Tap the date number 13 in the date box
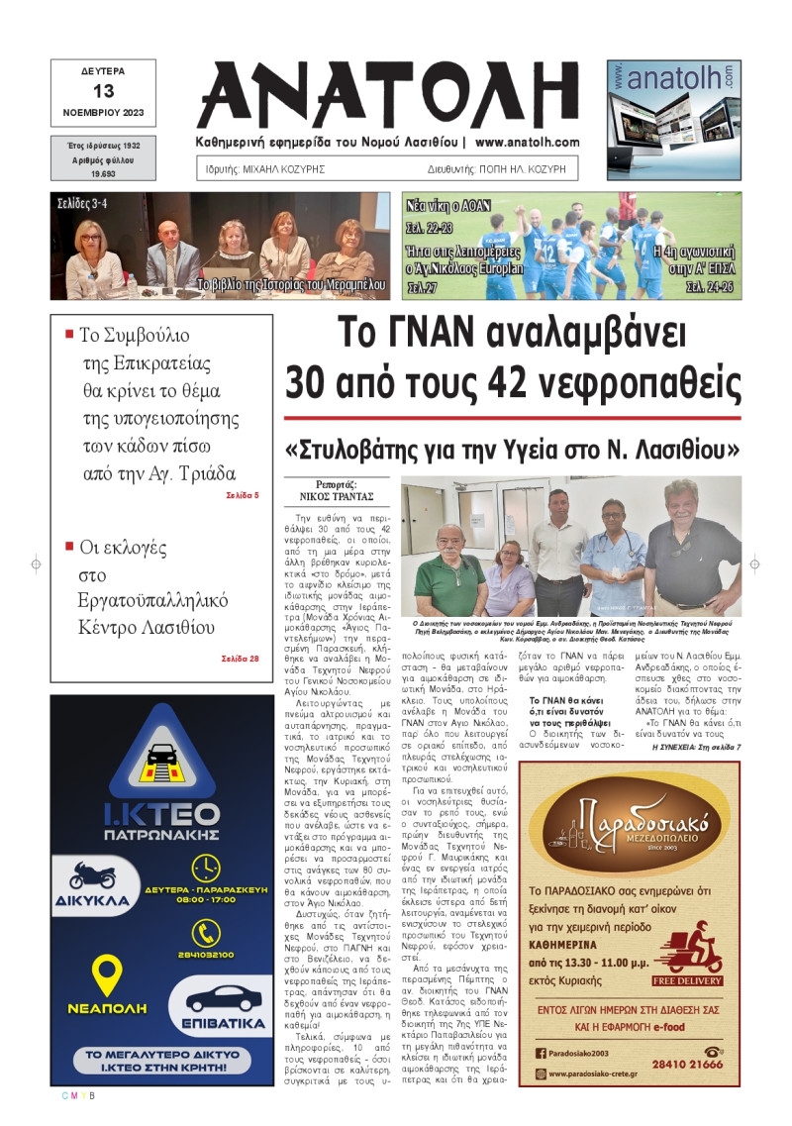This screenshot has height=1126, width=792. [103, 91]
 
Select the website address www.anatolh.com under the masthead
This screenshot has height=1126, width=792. [527, 143]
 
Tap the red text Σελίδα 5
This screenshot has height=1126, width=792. [242, 494]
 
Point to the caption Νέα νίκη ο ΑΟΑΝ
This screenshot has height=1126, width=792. [445, 207]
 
